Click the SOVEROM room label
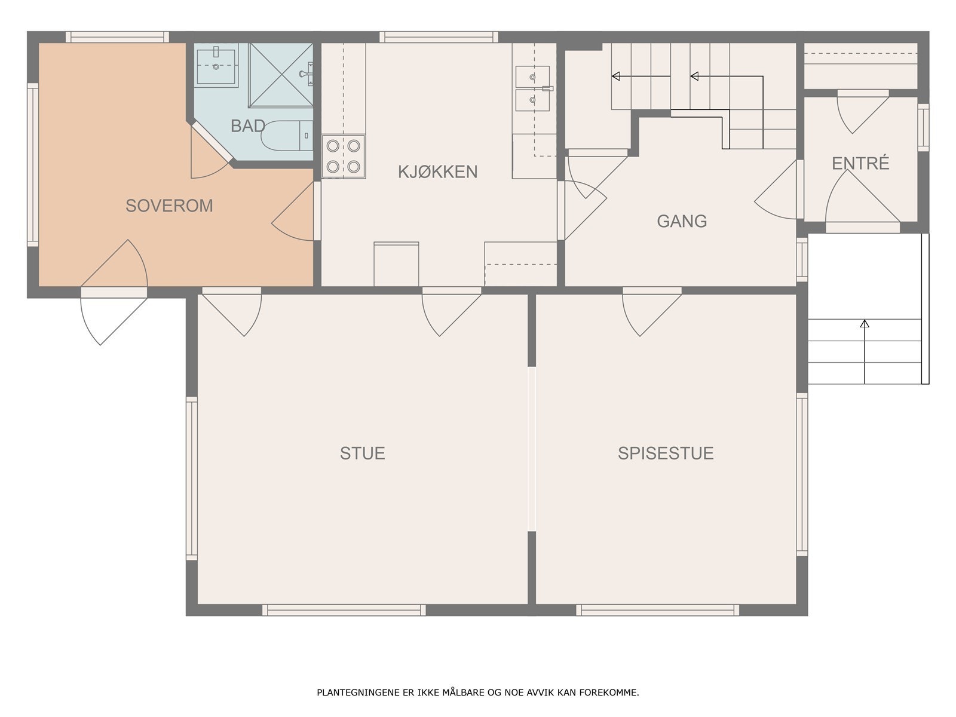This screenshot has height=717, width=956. click(x=170, y=206)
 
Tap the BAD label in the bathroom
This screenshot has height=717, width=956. click(x=248, y=126)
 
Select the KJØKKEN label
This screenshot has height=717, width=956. click(x=438, y=171)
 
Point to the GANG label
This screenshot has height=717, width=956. click(x=682, y=221)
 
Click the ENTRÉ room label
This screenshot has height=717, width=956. click(x=860, y=163)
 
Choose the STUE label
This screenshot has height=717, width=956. click(x=362, y=453)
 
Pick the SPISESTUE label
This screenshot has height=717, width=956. click(x=666, y=453)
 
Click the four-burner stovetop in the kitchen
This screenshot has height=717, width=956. click(x=343, y=157)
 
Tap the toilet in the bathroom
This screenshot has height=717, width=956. click(x=287, y=136)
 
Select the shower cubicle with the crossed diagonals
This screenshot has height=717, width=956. click(x=281, y=75)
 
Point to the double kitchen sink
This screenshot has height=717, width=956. click(x=532, y=88)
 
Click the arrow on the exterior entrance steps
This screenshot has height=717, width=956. click(x=865, y=352)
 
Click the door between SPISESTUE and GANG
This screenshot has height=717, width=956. click(x=651, y=312)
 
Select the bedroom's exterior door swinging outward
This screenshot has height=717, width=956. click(x=114, y=315)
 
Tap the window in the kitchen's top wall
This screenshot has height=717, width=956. click(x=439, y=37)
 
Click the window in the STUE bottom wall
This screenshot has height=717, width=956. click(x=344, y=610)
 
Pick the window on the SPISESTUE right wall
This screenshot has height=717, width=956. click(x=802, y=474)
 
